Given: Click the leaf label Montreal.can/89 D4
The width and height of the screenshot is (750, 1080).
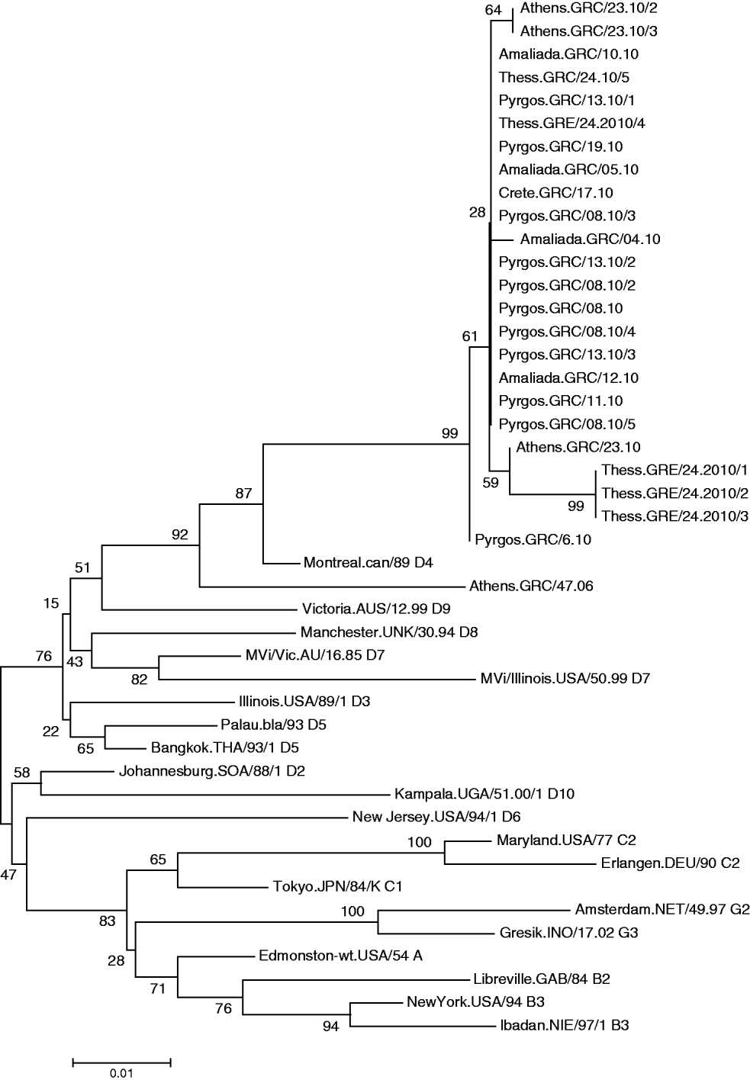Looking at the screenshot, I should [x=368, y=563].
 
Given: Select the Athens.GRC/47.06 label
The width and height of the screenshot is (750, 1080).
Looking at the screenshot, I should [x=531, y=586].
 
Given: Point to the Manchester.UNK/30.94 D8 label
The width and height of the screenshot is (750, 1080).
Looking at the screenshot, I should [x=389, y=632].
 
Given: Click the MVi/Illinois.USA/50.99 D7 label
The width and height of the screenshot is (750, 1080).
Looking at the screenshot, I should [x=565, y=678].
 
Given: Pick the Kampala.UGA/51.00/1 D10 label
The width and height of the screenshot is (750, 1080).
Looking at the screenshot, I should [x=484, y=794].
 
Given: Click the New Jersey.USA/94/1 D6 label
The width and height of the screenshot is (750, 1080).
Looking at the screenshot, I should [x=436, y=818].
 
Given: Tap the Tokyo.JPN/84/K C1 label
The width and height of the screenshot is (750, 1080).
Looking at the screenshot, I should [x=337, y=886].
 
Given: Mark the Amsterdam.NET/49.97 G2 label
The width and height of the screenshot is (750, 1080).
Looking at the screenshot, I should [x=662, y=909].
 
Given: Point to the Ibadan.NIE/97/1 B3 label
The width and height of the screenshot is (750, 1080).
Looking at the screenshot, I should [x=565, y=1025].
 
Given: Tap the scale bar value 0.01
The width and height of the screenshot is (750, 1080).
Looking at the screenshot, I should [x=121, y=1072].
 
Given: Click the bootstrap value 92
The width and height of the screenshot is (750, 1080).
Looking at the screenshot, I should [x=179, y=535].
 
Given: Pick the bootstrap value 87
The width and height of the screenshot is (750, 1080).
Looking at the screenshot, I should [x=243, y=493].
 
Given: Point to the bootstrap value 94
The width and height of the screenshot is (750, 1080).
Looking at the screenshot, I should [x=330, y=1027].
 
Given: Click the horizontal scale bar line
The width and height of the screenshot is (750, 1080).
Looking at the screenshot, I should [x=121, y=1061].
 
